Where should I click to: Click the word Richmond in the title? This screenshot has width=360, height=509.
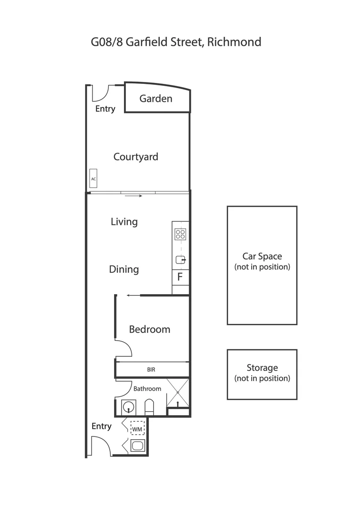pyautogui.click(x=234, y=42)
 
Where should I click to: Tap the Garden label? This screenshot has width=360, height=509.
pyautogui.click(x=156, y=99)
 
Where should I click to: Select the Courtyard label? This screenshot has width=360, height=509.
pyautogui.click(x=136, y=157)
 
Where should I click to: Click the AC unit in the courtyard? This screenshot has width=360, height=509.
pyautogui.click(x=93, y=179)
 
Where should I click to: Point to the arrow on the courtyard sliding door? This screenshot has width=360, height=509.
pyautogui.click(x=134, y=196)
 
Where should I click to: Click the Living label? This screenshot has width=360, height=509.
pyautogui.click(x=124, y=222)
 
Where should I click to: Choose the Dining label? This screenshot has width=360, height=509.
pyautogui.click(x=124, y=270)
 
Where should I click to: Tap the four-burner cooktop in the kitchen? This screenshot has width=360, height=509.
pyautogui.click(x=180, y=234)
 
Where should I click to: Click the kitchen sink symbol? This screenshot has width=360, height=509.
pyautogui.click(x=180, y=260)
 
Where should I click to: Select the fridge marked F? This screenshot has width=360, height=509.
pyautogui.click(x=180, y=277)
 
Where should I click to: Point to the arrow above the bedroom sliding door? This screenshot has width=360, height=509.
pyautogui.click(x=134, y=296)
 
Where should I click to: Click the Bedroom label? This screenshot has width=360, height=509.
pyautogui.click(x=149, y=329)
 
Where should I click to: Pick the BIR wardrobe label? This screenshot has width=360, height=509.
pyautogui.click(x=151, y=370)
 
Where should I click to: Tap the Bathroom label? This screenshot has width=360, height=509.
pyautogui.click(x=147, y=389)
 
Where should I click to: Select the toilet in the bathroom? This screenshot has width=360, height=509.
pyautogui.click(x=149, y=406)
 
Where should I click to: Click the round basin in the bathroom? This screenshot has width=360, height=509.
pyautogui.click(x=128, y=406)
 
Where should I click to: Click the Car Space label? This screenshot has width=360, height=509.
pyautogui.click(x=262, y=256)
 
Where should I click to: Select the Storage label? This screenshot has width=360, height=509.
pyautogui.click(x=262, y=368)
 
